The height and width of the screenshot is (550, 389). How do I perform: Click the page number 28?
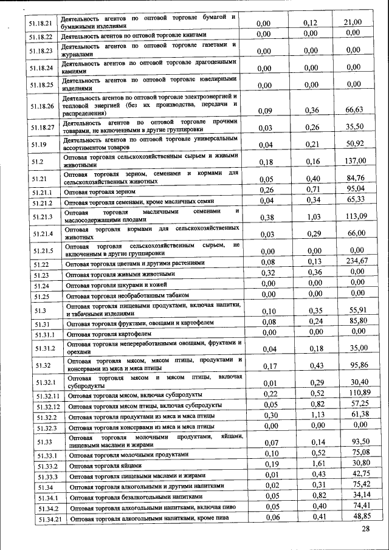365,530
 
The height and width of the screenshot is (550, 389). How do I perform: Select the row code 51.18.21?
40,24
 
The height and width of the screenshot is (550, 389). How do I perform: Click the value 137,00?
354,160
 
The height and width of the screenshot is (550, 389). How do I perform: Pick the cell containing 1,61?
312,464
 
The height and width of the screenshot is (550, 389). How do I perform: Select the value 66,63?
354,109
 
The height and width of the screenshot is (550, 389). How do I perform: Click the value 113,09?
354,215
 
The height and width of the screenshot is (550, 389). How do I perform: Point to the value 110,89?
357,393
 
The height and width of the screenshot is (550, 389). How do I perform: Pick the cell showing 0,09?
264,111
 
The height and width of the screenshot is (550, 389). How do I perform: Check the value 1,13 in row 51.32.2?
312,414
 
